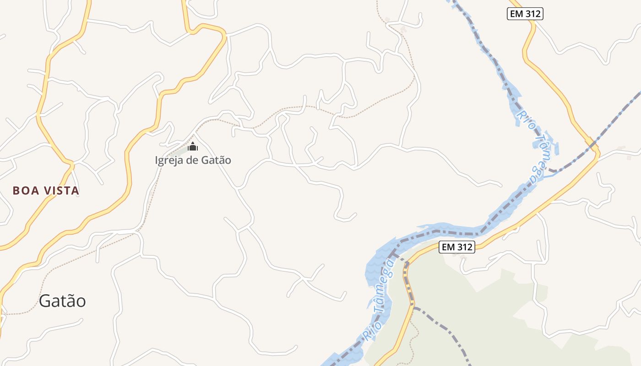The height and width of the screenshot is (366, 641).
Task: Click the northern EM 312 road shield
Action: pos(525,14)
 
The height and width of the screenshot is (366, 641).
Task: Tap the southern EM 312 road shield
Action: pos(456,247)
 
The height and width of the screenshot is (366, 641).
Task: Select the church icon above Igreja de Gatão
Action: pos(193,146)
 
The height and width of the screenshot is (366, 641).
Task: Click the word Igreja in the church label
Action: pos(168,160)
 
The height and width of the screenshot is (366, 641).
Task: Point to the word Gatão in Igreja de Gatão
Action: pos(216,160)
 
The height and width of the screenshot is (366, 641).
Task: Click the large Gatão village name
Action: pos(62,301)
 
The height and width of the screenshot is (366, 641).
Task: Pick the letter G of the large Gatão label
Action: pos(44,301)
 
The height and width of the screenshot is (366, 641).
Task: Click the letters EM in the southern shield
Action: pos(448,247)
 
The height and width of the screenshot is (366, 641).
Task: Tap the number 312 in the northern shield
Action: pos(532,14)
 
